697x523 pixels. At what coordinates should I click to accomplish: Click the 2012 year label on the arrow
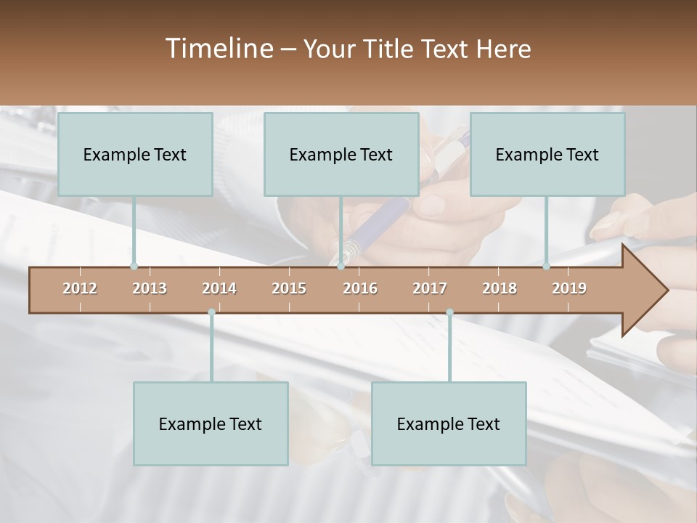click(x=80, y=288)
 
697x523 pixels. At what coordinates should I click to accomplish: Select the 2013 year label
click(x=150, y=288)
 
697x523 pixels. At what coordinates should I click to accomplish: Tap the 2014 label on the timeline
click(x=219, y=288)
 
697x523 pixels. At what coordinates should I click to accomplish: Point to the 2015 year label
click(x=289, y=288)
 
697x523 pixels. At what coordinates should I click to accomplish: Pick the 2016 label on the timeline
click(x=360, y=288)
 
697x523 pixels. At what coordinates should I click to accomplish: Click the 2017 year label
click(x=430, y=288)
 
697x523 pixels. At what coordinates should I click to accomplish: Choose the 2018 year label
click(x=500, y=288)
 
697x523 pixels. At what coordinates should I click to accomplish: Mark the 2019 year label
click(x=569, y=288)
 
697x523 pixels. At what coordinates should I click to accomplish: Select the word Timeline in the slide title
click(x=218, y=49)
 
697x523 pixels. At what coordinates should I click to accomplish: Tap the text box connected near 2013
click(x=135, y=154)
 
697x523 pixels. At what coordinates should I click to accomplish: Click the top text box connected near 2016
click(x=341, y=154)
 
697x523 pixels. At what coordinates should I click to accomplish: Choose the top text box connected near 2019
click(x=547, y=154)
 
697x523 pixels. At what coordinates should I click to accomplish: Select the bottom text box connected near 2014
click(x=211, y=423)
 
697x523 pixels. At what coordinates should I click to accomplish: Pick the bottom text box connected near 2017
click(x=449, y=423)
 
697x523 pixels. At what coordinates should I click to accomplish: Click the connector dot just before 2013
click(x=134, y=266)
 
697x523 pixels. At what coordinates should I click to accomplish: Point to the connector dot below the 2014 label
click(x=211, y=312)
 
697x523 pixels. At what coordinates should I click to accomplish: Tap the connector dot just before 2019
click(x=546, y=266)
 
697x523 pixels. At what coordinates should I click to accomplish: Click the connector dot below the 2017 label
click(x=449, y=312)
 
